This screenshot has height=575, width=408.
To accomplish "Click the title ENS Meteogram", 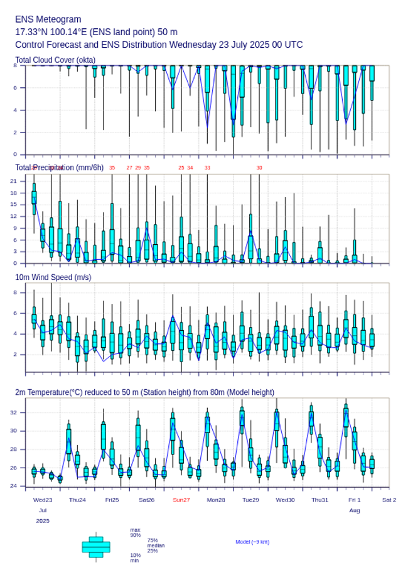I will (x=48, y=19).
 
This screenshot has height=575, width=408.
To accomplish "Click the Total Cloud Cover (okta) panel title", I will (x=55, y=60).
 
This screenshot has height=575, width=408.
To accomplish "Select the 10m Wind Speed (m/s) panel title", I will (x=53, y=277).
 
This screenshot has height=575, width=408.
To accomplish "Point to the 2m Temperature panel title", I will (x=144, y=392).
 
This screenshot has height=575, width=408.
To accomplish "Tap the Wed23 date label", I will (x=43, y=500).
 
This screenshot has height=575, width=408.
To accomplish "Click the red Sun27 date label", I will (x=182, y=500).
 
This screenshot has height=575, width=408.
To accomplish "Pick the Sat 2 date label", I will (x=389, y=500).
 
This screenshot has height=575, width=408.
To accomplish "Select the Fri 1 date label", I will (x=355, y=500).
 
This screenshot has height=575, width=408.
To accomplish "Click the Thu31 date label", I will (x=320, y=500).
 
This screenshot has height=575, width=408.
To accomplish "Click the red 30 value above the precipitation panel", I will (x=259, y=168).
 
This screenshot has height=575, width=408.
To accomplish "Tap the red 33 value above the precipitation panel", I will (x=207, y=168).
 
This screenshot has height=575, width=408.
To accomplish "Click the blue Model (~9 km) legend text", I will (x=252, y=542).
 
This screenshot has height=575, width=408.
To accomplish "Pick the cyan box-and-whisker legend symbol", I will (x=96, y=547).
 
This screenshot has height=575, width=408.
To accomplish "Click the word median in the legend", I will (x=156, y=545).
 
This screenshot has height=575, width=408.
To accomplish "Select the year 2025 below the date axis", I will (x=43, y=521).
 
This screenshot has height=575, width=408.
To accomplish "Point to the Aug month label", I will (x=355, y=510).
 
